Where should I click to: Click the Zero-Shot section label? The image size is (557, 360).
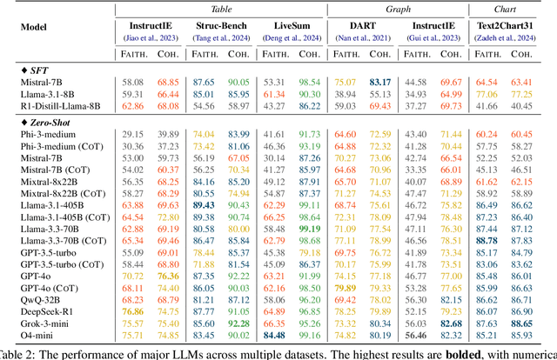coord(45,122)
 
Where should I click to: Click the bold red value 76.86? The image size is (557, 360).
coord(133,309)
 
